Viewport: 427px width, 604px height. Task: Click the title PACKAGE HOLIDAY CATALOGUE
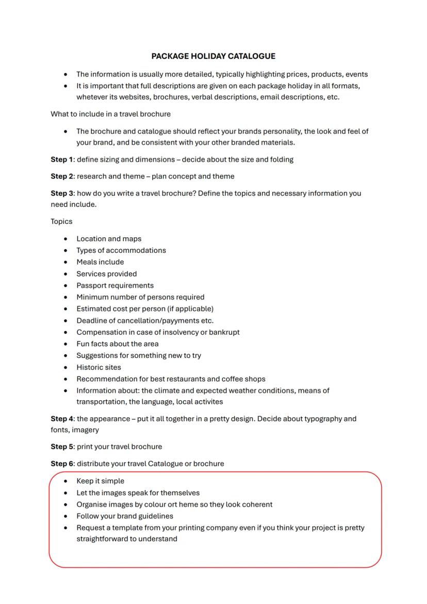pyautogui.click(x=213, y=56)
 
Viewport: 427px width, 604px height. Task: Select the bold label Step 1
pyautogui.click(x=62, y=159)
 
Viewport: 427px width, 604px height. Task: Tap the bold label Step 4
pyautogui.click(x=62, y=419)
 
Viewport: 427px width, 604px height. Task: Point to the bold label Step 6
pyautogui.click(x=62, y=464)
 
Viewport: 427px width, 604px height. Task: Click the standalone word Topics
pyautogui.click(x=61, y=221)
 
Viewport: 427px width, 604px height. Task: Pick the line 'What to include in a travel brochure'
pyautogui.click(x=110, y=114)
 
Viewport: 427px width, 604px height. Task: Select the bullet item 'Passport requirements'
pyautogui.click(x=115, y=286)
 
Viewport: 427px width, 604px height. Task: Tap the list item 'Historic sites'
pyautogui.click(x=99, y=368)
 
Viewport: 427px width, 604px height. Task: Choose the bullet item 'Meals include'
pyautogui.click(x=100, y=262)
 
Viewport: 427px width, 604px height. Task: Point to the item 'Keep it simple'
pyautogui.click(x=101, y=481)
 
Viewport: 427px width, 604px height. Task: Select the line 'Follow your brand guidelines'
pyautogui.click(x=125, y=516)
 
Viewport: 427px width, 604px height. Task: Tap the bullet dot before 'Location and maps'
pyautogui.click(x=65, y=239)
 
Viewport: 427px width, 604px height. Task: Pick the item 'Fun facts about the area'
pyautogui.click(x=118, y=344)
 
